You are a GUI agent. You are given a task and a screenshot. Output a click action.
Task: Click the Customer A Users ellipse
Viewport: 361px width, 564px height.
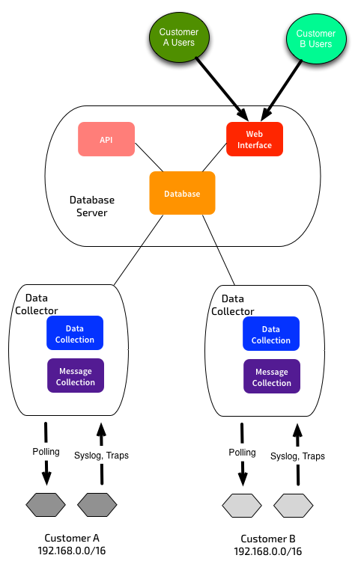pyautogui.click(x=179, y=37)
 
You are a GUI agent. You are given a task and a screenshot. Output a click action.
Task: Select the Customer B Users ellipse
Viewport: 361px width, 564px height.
pyautogui.click(x=316, y=39)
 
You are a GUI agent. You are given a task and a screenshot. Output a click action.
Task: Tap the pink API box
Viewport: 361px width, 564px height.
pyautogui.click(x=106, y=139)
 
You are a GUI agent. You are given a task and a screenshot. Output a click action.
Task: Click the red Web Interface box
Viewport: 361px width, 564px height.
pyautogui.click(x=255, y=139)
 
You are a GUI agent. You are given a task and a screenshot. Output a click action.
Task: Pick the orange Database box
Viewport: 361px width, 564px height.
pyautogui.click(x=182, y=193)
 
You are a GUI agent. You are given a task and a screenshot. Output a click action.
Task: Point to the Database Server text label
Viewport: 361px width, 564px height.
pyautogui.click(x=92, y=206)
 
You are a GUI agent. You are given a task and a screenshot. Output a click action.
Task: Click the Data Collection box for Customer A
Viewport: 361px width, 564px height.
pyautogui.click(x=75, y=333)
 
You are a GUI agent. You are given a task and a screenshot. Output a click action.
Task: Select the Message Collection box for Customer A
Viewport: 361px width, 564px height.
pyautogui.click(x=76, y=376)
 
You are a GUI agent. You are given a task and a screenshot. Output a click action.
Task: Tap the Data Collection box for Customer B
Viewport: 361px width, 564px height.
pyautogui.click(x=271, y=334)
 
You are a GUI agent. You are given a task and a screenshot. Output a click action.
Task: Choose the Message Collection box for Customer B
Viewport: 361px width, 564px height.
pyautogui.click(x=272, y=376)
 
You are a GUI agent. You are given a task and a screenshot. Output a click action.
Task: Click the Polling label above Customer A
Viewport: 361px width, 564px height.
pyautogui.click(x=46, y=452)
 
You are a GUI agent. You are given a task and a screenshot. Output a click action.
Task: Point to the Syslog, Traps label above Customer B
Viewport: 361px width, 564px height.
pyautogui.click(x=297, y=456)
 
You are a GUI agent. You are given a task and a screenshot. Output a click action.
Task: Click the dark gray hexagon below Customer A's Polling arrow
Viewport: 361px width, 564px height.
pyautogui.click(x=46, y=505)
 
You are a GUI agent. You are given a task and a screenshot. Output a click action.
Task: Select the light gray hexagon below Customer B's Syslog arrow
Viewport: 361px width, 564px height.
pyautogui.click(x=294, y=506)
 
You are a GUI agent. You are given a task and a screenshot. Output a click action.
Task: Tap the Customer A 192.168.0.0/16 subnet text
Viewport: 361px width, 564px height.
pyautogui.click(x=72, y=545)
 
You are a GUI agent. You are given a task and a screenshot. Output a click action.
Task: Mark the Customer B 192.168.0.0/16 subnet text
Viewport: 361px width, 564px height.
pyautogui.click(x=267, y=545)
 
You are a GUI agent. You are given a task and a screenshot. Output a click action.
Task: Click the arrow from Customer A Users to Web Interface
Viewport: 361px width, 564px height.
pyautogui.click(x=222, y=89)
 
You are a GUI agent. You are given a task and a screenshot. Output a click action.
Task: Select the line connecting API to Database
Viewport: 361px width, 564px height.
pyautogui.click(x=149, y=158)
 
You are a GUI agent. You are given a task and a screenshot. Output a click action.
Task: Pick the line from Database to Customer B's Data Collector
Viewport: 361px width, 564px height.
pyautogui.click(x=219, y=250)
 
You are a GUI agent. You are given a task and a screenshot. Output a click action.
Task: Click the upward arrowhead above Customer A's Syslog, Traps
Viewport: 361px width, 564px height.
pyautogui.click(x=102, y=429)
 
